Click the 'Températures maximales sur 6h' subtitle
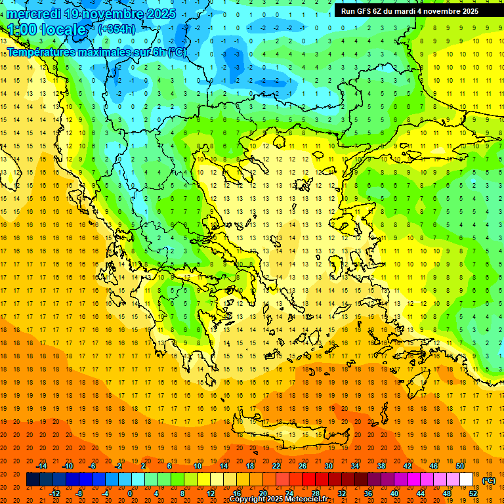pyautogui.click(x=95, y=52)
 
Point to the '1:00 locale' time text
pyautogui.click(x=47, y=30)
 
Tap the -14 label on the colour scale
pyautogui.click(x=42, y=466)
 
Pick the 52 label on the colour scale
pyautogui.click(x=473, y=493)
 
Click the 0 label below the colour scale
pyautogui.click(x=130, y=493)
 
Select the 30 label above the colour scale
pyautogui.click(x=328, y=466)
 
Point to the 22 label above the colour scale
pyautogui.click(x=276, y=466)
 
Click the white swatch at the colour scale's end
pyautogui.click(x=466, y=480)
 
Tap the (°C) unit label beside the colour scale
pyautogui.click(x=488, y=480)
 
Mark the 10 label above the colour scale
pyautogui.click(x=198, y=466)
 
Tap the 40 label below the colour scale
pyautogui.click(x=394, y=493)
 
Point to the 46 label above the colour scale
pyautogui.click(x=434, y=466)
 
